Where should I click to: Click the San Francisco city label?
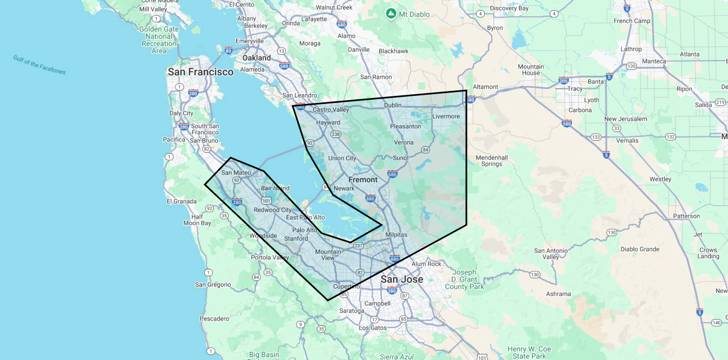[x=200, y=71]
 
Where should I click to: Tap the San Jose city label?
[x=401, y=279]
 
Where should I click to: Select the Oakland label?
[x=256, y=57]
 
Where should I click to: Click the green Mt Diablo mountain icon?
[x=391, y=12]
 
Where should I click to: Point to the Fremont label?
[x=363, y=179]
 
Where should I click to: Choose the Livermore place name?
[x=446, y=116]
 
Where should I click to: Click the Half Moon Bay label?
[x=197, y=220]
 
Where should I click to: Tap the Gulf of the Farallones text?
[x=39, y=64]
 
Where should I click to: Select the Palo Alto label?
[x=305, y=230]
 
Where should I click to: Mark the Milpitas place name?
[x=396, y=235]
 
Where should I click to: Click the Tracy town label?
[x=575, y=89]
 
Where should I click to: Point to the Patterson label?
[x=686, y=216]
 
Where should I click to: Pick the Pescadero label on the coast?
[x=214, y=319]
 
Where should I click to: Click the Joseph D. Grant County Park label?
[x=464, y=279]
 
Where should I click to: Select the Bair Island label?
[x=275, y=188]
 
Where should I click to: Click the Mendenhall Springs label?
[x=492, y=161]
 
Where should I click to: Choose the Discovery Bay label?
[x=509, y=8]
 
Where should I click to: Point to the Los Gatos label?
[x=373, y=328]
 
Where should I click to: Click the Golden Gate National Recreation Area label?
[x=159, y=40]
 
